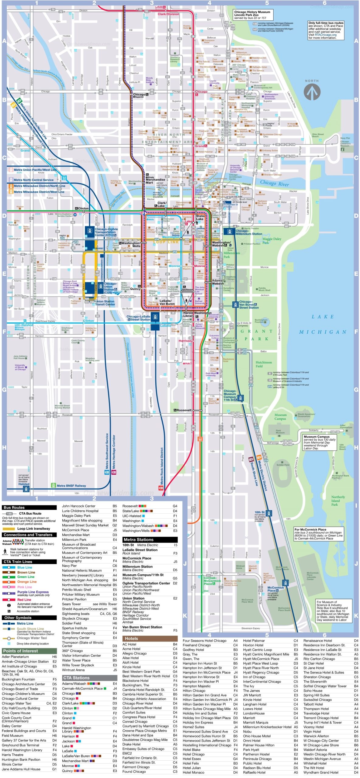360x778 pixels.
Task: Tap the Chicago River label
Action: tap(274, 183)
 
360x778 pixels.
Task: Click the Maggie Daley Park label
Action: tap(272, 240)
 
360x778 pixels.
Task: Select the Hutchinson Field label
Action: tap(263, 364)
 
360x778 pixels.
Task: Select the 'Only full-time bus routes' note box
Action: tap(326, 30)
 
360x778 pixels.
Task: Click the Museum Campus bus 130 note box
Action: tap(320, 442)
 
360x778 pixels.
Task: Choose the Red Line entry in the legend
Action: tap(24, 600)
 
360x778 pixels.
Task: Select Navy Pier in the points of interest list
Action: tap(69, 566)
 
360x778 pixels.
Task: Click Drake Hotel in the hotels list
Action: tap(131, 744)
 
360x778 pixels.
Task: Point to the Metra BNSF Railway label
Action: tap(71, 486)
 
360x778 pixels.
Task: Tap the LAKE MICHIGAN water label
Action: tap(322, 324)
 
